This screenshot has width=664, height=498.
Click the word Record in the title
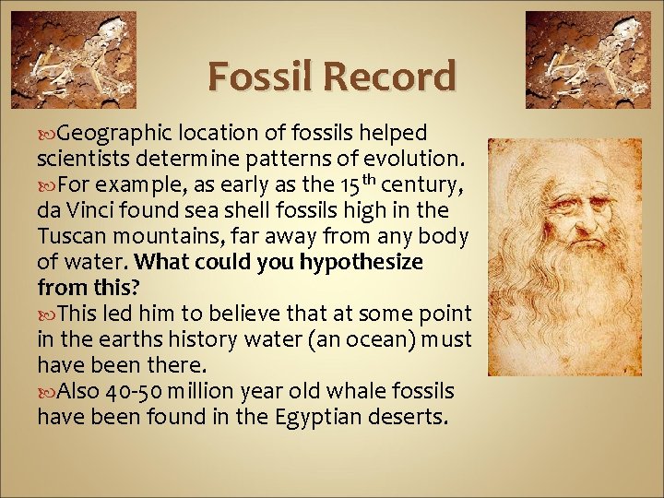[397, 77]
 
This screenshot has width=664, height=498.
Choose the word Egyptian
[319, 418]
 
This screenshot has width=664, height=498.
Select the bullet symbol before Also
[46, 392]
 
